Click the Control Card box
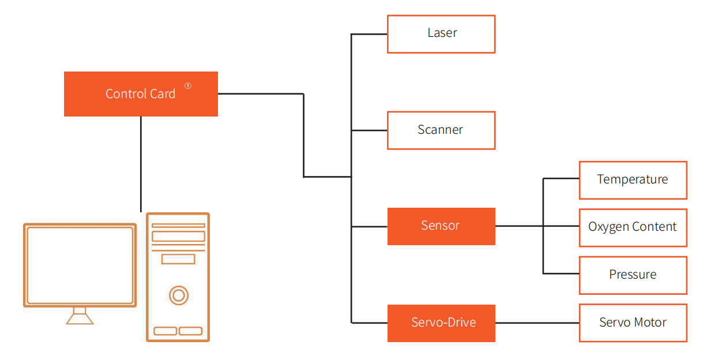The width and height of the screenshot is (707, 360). (x=141, y=94)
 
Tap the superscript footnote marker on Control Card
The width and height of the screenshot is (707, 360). (x=188, y=86)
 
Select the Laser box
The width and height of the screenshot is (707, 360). (x=441, y=34)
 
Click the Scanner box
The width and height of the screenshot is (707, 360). (x=441, y=130)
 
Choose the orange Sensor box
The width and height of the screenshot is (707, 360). (x=441, y=226)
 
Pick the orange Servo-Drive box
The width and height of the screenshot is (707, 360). (x=441, y=323)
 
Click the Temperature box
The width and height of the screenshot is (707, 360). (x=633, y=180)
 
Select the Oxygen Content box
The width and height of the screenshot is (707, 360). (x=633, y=227)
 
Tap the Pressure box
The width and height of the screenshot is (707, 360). (x=633, y=275)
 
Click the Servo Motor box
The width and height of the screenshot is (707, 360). (x=633, y=323)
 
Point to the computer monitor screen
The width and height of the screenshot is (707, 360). (x=80, y=265)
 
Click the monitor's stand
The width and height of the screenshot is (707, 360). (x=80, y=316)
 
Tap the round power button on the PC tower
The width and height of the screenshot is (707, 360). (x=179, y=296)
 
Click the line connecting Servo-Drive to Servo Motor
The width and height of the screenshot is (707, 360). (x=537, y=323)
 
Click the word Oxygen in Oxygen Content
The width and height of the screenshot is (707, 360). (x=607, y=227)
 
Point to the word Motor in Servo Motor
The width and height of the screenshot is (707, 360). (x=650, y=323)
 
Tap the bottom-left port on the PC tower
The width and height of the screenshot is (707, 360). (x=166, y=331)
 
